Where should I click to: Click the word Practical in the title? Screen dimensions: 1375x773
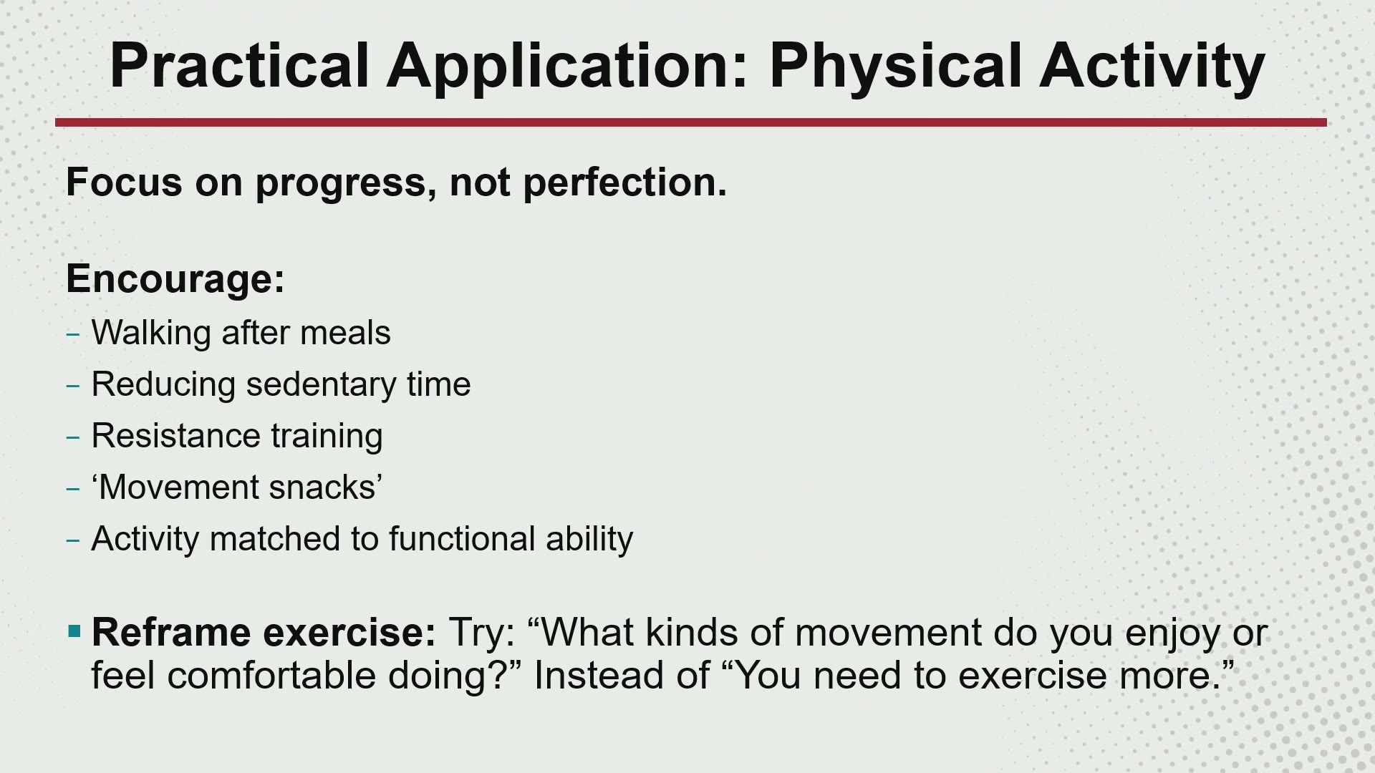(x=239, y=65)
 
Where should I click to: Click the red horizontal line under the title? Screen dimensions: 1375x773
(x=691, y=122)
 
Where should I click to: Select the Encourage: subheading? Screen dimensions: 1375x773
(x=175, y=279)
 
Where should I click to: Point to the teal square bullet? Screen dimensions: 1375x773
(x=74, y=631)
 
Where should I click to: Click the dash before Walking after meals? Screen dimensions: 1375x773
(x=72, y=334)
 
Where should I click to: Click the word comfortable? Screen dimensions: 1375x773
(x=271, y=676)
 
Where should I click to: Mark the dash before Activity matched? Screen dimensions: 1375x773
(x=72, y=540)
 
